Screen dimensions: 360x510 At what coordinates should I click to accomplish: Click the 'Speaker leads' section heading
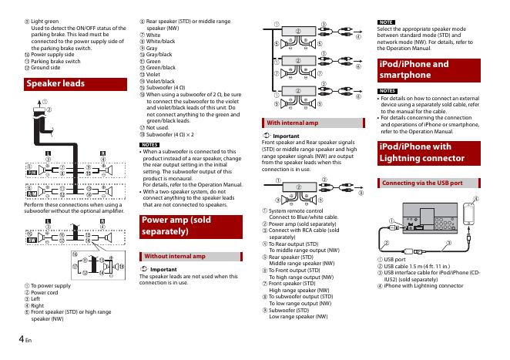(x=55, y=83)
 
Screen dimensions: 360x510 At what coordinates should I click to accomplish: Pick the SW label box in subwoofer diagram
(x=32, y=240)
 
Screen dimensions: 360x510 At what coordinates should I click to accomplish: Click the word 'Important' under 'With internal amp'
(x=286, y=136)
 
